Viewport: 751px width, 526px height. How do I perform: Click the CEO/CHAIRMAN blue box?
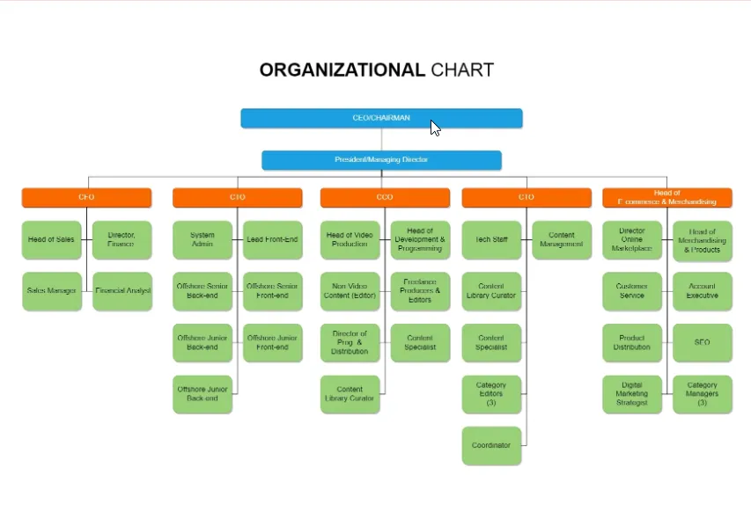[381, 118]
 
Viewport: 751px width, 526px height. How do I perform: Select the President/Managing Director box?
[381, 160]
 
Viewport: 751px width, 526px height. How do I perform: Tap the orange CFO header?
[86, 197]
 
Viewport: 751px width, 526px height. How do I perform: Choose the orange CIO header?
[237, 197]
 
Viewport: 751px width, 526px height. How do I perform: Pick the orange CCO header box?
[385, 197]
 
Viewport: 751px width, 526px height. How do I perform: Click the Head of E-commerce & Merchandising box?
[666, 197]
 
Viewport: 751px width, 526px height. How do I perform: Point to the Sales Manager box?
[52, 290]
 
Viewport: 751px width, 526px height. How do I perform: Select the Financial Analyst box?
[122, 290]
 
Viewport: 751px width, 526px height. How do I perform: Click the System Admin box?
[202, 239]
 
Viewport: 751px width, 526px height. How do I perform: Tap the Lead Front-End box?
[272, 239]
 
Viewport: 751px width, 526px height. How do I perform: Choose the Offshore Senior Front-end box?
[272, 290]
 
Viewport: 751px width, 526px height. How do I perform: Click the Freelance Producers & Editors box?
[420, 290]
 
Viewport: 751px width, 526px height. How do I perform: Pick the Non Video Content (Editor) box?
[350, 290]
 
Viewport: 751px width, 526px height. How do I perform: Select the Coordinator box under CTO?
[491, 445]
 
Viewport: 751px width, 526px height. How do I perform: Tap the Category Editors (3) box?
[491, 394]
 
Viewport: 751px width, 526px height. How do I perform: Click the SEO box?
[702, 342]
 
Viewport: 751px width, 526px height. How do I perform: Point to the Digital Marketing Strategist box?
[632, 394]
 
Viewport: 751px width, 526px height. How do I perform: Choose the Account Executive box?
[702, 290]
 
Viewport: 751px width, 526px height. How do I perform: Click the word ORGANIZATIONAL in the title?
[342, 70]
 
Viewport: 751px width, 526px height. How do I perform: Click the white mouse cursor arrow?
[435, 128]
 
